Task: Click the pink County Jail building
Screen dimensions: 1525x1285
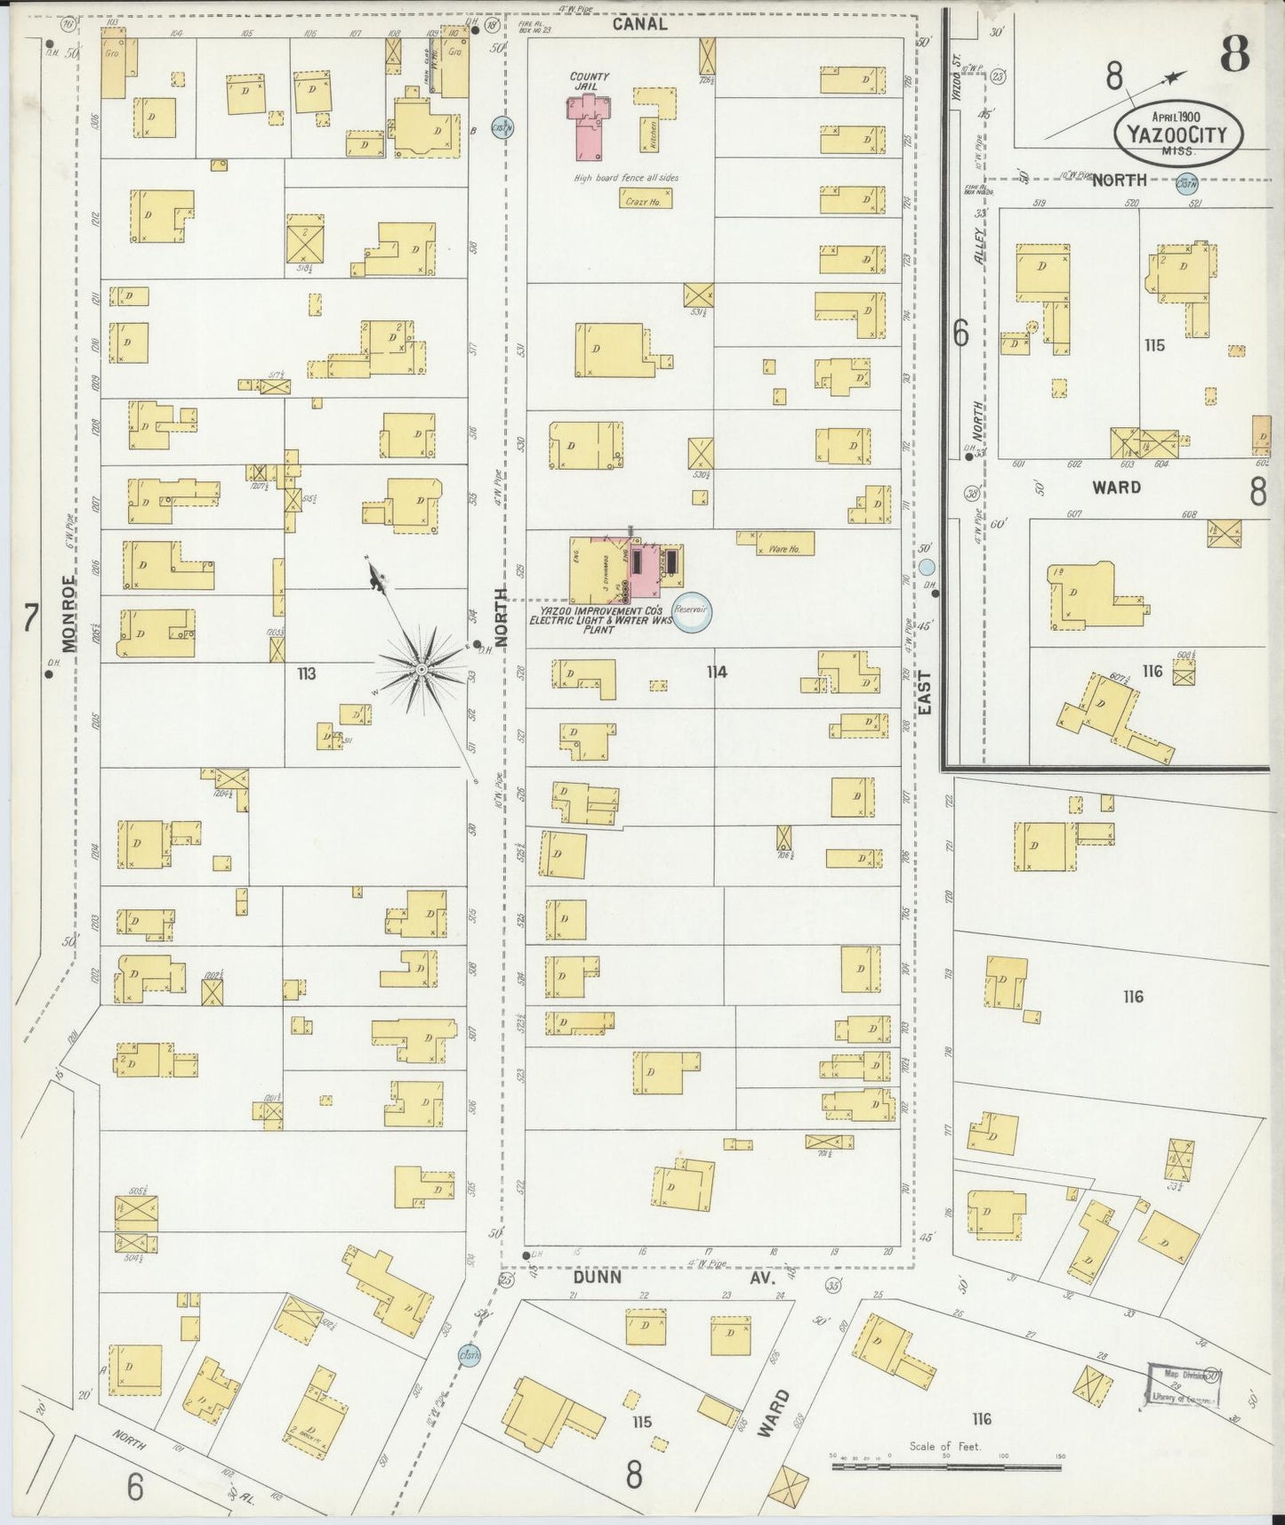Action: pyautogui.click(x=587, y=129)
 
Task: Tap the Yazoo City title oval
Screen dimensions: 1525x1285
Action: pyautogui.click(x=1177, y=134)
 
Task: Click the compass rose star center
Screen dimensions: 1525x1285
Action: pyautogui.click(x=421, y=668)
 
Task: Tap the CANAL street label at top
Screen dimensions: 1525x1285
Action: pyautogui.click(x=640, y=25)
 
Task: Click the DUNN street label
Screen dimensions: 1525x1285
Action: pyautogui.click(x=598, y=1276)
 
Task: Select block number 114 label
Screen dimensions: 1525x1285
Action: pyautogui.click(x=717, y=672)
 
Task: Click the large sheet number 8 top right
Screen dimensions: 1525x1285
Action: pyautogui.click(x=1234, y=55)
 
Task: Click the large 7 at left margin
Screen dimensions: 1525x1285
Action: pyautogui.click(x=30, y=617)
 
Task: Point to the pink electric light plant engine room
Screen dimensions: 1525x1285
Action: pyautogui.click(x=642, y=569)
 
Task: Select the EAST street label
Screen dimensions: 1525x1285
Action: pyautogui.click(x=924, y=694)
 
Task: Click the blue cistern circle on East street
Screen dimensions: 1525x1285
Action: pyautogui.click(x=927, y=568)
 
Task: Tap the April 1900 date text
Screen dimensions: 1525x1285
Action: pyautogui.click(x=1177, y=117)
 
